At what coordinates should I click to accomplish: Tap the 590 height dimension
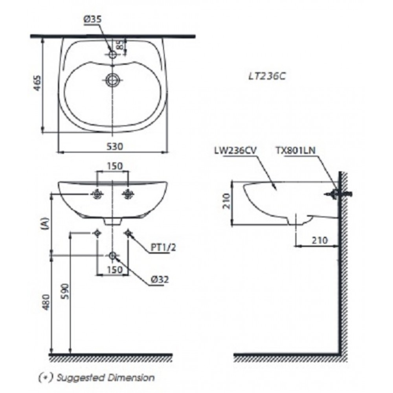point(65,292)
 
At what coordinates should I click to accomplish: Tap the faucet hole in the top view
point(113,55)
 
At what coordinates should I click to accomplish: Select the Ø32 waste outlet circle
point(112,256)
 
